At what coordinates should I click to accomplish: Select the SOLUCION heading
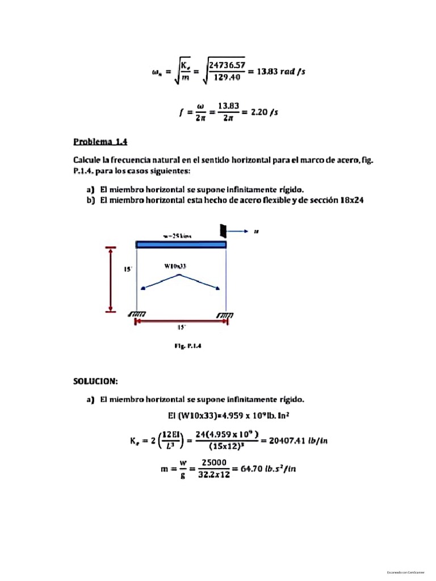(x=95, y=381)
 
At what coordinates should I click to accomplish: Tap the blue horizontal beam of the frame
(x=181, y=245)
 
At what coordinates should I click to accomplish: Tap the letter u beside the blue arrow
(x=257, y=231)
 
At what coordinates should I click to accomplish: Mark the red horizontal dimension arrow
(x=181, y=322)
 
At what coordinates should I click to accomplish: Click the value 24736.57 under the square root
(x=227, y=66)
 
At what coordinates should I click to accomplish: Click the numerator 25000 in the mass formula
(x=214, y=462)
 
